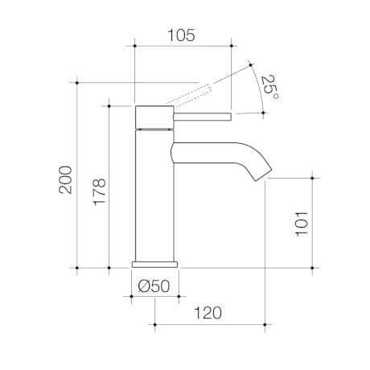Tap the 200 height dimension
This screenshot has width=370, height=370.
(65, 179)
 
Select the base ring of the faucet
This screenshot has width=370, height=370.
(155, 264)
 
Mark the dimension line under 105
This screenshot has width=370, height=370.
(183, 46)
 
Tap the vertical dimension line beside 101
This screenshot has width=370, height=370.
(312, 219)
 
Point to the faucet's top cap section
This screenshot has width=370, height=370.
(153, 116)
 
